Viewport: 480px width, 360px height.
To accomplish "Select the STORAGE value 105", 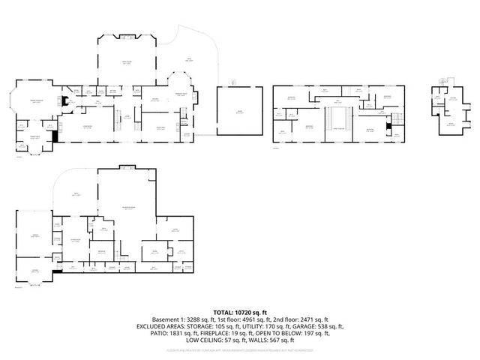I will coord(223,327).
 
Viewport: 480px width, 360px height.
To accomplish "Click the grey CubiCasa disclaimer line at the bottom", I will coord(240,351).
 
